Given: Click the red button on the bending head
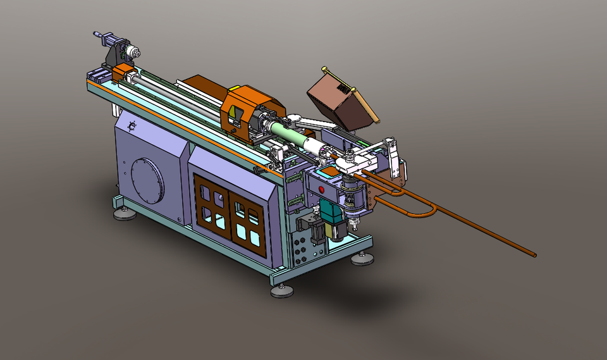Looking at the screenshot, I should [x=322, y=189].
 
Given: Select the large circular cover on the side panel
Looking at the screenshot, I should [x=148, y=180].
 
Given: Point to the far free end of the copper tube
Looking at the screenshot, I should [x=534, y=256].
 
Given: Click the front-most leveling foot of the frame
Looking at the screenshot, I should [x=282, y=290].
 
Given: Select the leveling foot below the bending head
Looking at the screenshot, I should [x=363, y=258].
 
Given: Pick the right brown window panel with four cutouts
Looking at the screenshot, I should [x=248, y=222].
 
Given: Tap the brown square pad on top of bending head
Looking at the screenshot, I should [x=327, y=171].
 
